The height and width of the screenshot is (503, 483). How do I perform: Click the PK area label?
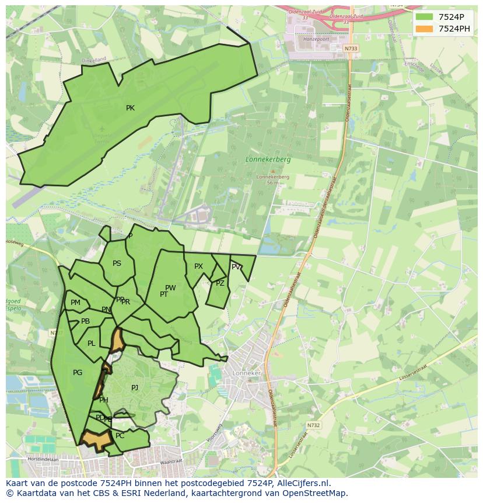(130, 108)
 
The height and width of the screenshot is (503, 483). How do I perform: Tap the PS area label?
(117, 263)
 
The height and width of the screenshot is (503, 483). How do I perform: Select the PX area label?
(198, 266)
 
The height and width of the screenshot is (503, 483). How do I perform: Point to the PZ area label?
(220, 283)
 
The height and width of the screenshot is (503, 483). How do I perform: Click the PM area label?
(75, 303)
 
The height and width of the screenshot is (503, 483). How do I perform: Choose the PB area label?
(85, 321)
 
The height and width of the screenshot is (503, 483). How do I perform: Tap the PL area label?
(91, 344)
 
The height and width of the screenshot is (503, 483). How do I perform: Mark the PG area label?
(78, 373)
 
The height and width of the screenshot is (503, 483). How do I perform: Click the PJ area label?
(135, 387)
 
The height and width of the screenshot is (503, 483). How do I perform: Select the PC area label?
(120, 436)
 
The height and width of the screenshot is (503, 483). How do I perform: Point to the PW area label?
(170, 288)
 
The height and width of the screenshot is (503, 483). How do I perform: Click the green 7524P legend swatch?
(424, 17)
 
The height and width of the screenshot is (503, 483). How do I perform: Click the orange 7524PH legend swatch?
(424, 29)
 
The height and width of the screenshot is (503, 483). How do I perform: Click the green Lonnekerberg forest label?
(268, 159)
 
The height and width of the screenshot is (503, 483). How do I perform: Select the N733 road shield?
(351, 48)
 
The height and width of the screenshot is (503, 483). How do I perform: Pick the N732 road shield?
(314, 425)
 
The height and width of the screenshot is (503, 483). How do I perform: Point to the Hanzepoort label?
(316, 39)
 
